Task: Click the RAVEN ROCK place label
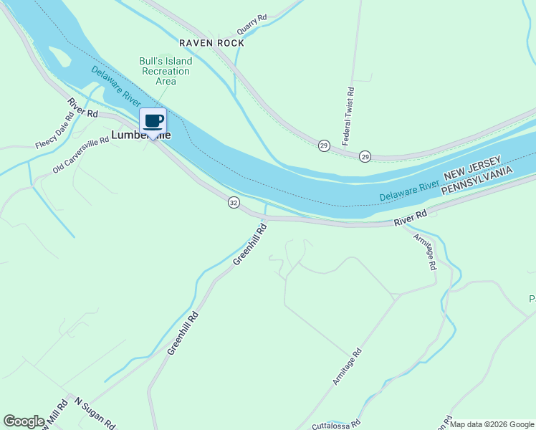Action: click(211, 43)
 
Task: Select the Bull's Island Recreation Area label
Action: click(165, 71)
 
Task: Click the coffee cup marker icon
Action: click(153, 120)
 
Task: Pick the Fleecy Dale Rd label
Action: click(55, 131)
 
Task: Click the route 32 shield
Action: click(234, 203)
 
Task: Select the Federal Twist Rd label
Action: click(349, 116)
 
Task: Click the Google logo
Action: click(24, 421)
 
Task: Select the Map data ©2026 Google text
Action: click(492, 424)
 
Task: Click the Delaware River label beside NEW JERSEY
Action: click(408, 190)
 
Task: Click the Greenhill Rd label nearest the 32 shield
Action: click(250, 244)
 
